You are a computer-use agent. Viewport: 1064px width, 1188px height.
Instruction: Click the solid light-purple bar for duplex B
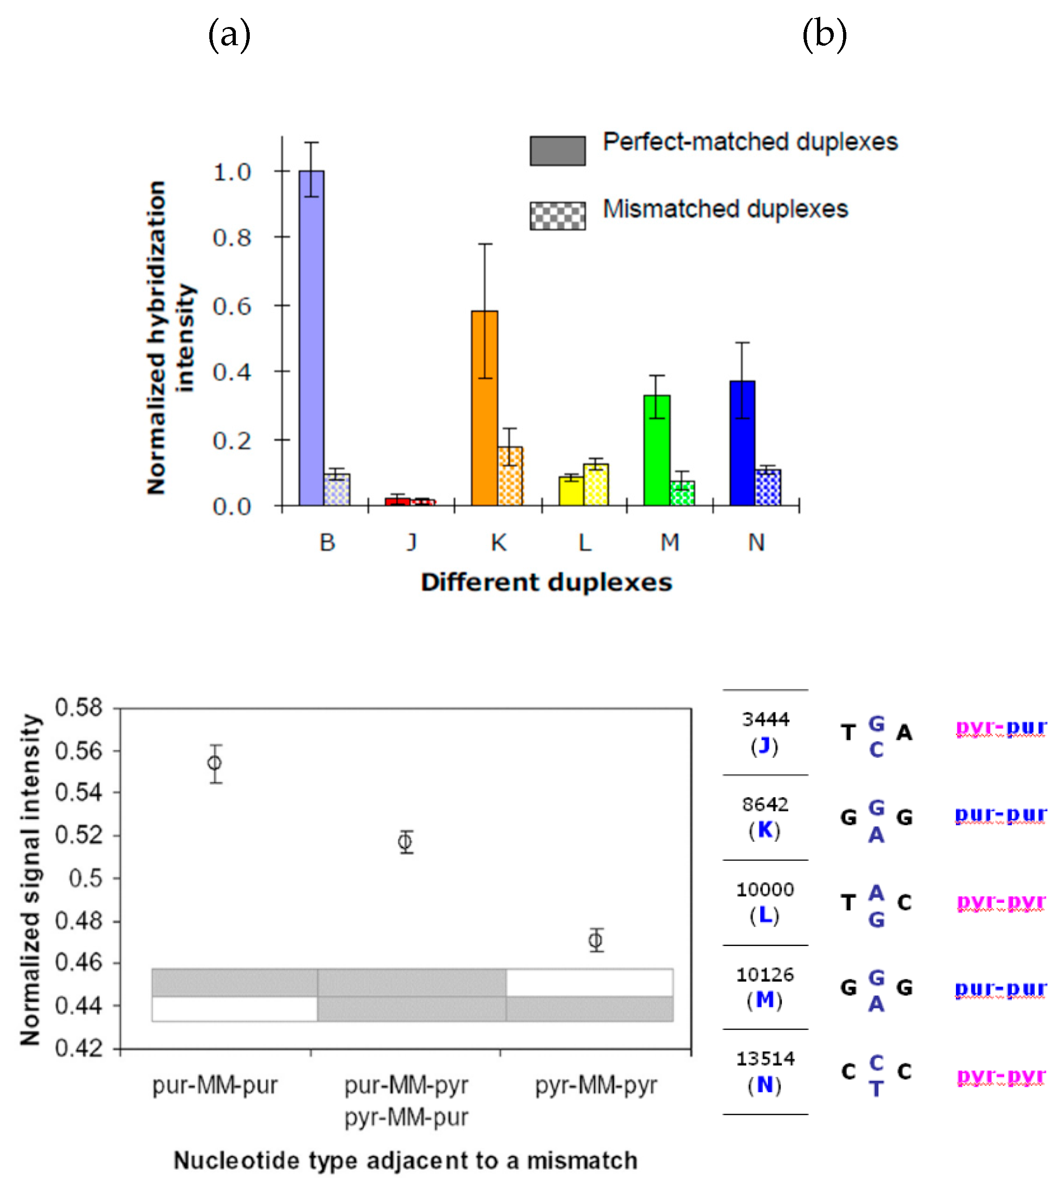pyautogui.click(x=311, y=339)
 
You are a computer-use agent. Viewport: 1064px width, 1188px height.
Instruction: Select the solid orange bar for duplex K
pyautogui.click(x=485, y=409)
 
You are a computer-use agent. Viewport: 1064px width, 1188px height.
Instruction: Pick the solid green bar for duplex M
pyautogui.click(x=657, y=450)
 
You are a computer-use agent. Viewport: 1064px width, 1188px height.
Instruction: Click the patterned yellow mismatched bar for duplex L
pyautogui.click(x=596, y=485)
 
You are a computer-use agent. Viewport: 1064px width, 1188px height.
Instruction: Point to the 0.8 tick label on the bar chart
pyautogui.click(x=232, y=238)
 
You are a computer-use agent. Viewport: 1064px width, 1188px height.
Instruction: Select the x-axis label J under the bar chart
pyautogui.click(x=412, y=542)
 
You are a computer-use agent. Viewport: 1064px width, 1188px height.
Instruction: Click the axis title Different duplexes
pyautogui.click(x=546, y=582)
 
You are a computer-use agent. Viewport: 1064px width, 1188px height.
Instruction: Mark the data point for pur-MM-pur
pyautogui.click(x=215, y=763)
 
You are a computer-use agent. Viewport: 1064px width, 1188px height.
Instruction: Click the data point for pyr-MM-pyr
pyautogui.click(x=596, y=940)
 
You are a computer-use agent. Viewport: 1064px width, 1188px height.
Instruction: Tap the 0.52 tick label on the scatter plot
pyautogui.click(x=78, y=835)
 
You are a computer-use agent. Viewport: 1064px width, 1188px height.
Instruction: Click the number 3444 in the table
pyautogui.click(x=765, y=719)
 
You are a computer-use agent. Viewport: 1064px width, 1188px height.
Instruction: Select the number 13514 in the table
pyautogui.click(x=765, y=1059)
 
